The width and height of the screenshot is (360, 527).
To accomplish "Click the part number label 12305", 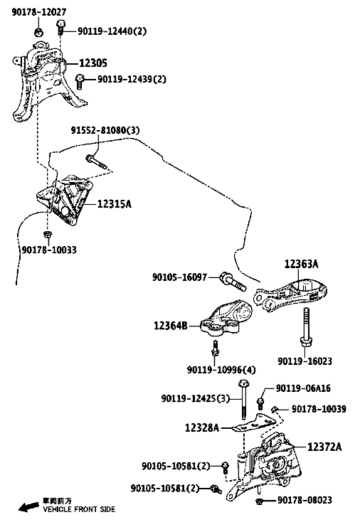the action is [x=92, y=63].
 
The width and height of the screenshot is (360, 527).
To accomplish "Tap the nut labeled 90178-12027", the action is [x=38, y=32].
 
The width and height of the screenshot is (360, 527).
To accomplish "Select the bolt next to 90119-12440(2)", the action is [x=60, y=27].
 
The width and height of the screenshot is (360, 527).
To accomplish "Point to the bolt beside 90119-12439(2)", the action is [x=79, y=82].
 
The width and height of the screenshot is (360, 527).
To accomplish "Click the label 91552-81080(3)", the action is [x=105, y=130].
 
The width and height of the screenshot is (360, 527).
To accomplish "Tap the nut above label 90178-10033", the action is [x=48, y=234].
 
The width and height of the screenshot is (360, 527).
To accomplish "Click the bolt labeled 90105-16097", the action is [x=233, y=282].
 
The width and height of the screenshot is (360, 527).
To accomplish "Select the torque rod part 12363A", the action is [x=290, y=296].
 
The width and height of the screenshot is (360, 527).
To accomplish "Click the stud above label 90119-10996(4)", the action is [x=215, y=351].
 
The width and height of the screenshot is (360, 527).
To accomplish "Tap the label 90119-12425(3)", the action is [x=195, y=398].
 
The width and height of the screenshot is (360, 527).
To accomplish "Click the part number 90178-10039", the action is [x=319, y=409].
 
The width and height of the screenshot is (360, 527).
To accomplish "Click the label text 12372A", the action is [x=324, y=447].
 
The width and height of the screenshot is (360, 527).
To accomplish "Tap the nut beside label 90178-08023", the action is [x=259, y=501].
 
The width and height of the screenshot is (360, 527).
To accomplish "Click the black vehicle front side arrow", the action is [x=28, y=506].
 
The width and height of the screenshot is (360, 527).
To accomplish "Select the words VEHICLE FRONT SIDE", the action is [x=79, y=509].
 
